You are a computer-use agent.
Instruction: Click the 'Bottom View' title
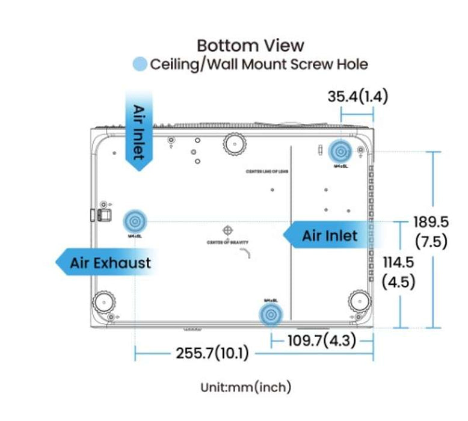[250, 45]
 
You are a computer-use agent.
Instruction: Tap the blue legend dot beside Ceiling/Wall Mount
[140, 64]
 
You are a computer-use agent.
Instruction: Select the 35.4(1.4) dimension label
[358, 96]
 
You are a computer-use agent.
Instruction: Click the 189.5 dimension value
[431, 221]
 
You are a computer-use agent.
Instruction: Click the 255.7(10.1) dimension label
[212, 353]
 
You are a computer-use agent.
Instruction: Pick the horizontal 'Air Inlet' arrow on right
[327, 236]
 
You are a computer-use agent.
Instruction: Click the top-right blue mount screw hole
[340, 150]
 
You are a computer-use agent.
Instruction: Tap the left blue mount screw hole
[134, 221]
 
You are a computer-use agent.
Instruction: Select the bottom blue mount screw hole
[270, 314]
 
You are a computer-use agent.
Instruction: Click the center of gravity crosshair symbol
[228, 230]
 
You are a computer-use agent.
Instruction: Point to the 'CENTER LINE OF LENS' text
[268, 172]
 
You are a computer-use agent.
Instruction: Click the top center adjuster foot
[234, 143]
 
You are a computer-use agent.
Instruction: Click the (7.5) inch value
[431, 241]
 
